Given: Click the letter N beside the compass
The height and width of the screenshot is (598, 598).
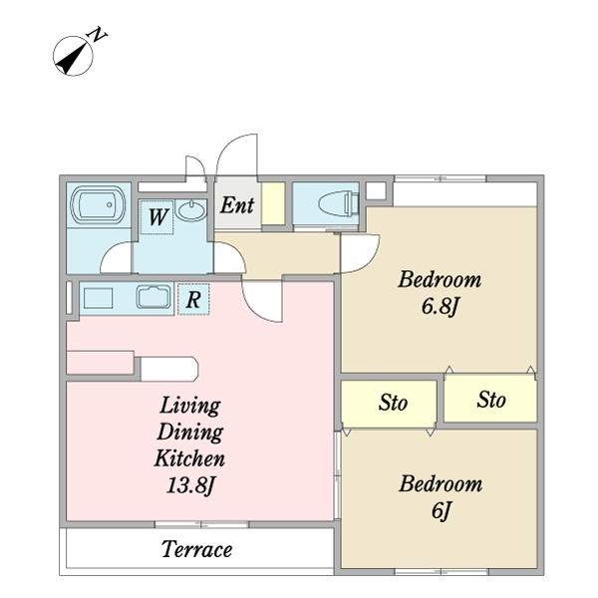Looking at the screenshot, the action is (x=97, y=35).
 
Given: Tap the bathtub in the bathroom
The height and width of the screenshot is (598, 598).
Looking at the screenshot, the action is (x=98, y=204).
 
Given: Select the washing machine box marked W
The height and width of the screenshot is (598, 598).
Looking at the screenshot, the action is (x=157, y=217).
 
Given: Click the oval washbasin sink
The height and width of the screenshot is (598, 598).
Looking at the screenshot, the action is (x=190, y=211).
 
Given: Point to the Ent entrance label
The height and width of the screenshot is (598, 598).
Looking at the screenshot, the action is (x=237, y=205).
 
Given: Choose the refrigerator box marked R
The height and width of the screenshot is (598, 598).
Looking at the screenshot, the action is (x=193, y=299).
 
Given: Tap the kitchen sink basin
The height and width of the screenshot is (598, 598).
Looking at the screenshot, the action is (x=153, y=297).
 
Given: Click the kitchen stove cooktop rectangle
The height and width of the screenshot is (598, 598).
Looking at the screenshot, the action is (x=98, y=298).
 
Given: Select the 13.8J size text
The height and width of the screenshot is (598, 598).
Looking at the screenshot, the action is (x=190, y=485).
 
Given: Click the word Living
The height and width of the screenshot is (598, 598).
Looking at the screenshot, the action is (x=190, y=407).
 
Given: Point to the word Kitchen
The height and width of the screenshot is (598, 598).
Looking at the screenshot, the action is (x=189, y=458).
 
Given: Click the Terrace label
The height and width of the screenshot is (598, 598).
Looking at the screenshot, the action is (x=196, y=549).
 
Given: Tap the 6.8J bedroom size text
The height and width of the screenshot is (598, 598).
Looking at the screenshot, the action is (x=440, y=306).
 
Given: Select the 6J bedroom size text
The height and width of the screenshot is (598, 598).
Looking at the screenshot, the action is (x=442, y=510).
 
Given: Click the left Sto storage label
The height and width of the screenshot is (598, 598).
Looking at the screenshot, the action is (x=394, y=403).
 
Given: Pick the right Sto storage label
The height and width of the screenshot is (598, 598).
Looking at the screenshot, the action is (x=491, y=400).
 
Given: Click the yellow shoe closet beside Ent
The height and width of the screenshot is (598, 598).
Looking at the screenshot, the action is (x=273, y=203).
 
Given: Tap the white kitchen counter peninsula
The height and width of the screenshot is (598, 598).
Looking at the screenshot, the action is (x=169, y=369).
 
